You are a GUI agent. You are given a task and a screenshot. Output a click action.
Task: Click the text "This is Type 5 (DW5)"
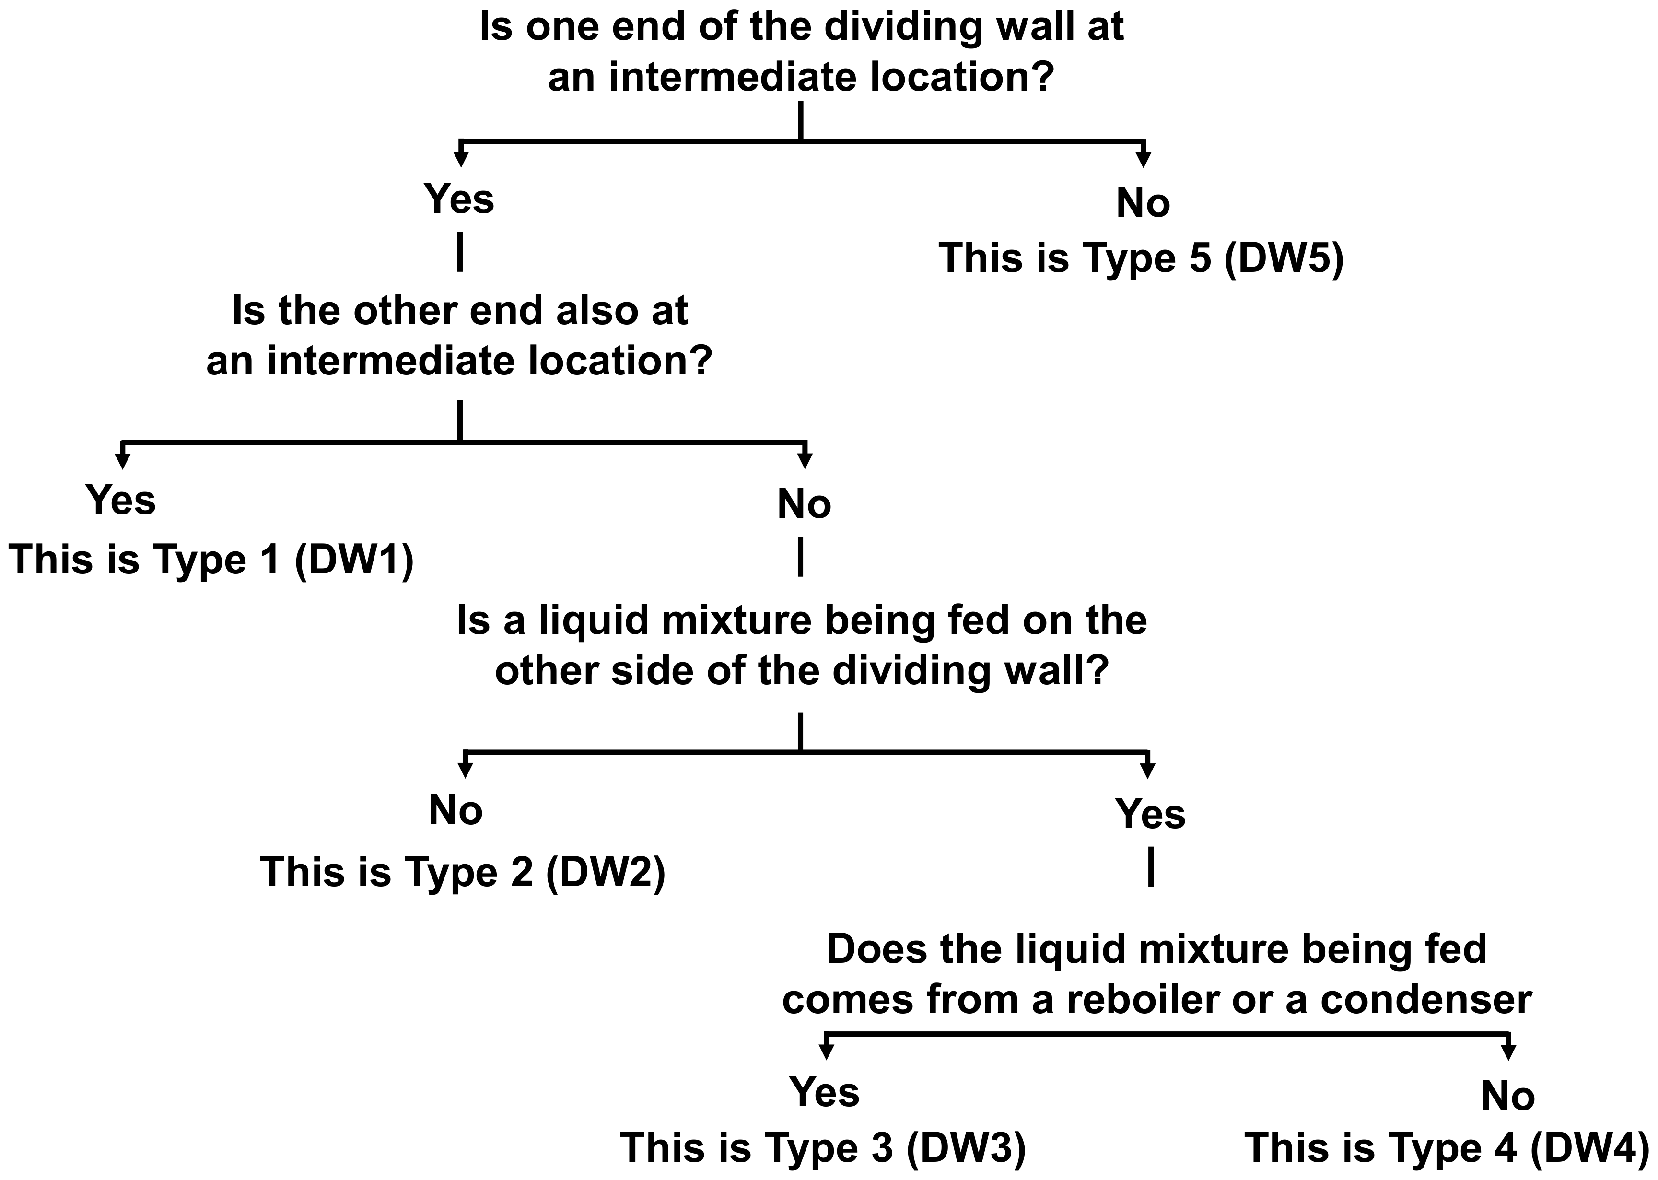1141,258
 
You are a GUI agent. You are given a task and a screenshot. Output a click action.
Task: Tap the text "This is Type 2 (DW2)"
463,871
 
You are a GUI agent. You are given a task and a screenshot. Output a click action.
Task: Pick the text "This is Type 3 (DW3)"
823,1147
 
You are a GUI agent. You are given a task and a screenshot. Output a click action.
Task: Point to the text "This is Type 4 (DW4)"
1447,1147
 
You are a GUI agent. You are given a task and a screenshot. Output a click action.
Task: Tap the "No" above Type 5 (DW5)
1143,203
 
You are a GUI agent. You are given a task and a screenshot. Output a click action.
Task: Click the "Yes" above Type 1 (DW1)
121,500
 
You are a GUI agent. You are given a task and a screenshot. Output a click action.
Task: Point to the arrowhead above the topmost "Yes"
460,158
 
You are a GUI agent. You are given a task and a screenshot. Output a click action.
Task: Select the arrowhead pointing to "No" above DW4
1508,1051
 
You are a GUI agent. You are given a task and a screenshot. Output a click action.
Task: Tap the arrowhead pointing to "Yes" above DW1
122,460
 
